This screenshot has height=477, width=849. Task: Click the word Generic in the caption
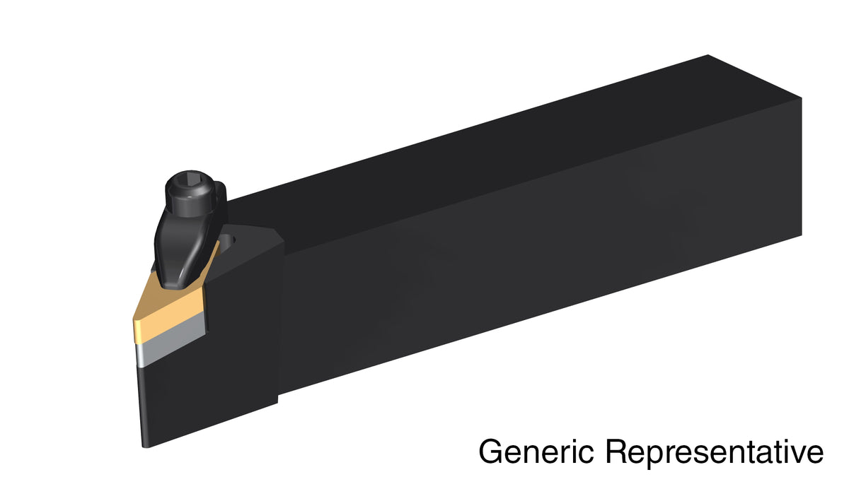click(536, 451)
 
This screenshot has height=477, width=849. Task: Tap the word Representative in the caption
click(714, 451)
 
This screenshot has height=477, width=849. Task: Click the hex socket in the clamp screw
click(189, 177)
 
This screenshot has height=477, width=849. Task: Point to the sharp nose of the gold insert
click(134, 321)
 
